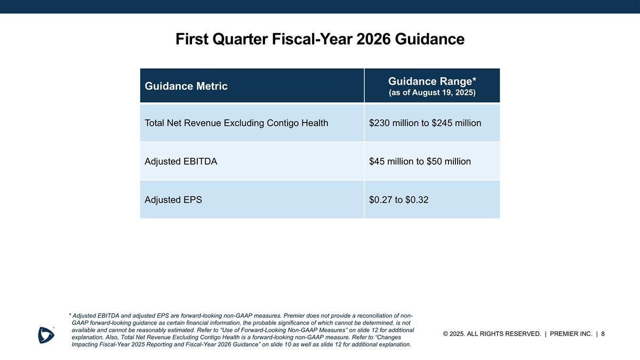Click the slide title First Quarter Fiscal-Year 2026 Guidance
[320, 39]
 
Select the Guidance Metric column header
[186, 86]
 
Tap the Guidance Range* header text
[432, 81]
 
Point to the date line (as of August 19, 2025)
[432, 92]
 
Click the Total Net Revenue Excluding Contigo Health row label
[236, 123]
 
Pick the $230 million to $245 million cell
[425, 123]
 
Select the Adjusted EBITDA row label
[181, 161]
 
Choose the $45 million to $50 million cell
[420, 161]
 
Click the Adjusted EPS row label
[173, 200]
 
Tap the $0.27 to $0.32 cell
[399, 200]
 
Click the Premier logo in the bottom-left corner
[46, 334]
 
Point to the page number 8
[603, 334]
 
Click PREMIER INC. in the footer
[571, 334]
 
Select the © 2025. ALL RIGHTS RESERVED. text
[492, 334]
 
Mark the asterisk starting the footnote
[70, 315]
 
